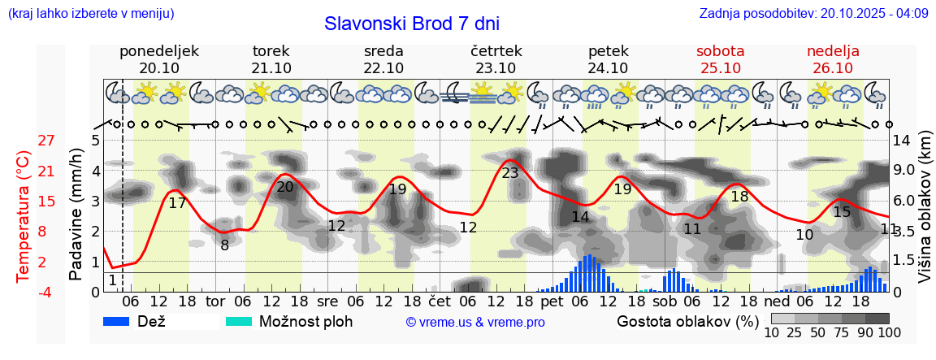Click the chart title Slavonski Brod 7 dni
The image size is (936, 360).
pos(412,24)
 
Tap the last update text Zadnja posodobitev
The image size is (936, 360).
pos(813,14)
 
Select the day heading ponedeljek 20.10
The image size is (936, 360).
pos(159,59)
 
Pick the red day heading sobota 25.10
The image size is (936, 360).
pos(720,59)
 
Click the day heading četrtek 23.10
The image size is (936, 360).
pos(496,59)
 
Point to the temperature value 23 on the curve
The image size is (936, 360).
pos(510,173)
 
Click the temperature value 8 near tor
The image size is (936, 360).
pos(224,244)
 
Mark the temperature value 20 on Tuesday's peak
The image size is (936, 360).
pos(285,187)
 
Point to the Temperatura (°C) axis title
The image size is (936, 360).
pos(23,215)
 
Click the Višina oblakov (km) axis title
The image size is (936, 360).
pos(925,215)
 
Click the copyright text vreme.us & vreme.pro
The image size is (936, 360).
pos(475,322)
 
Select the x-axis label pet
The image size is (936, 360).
pos(552,301)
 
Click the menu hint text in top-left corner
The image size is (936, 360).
pos(91,14)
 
